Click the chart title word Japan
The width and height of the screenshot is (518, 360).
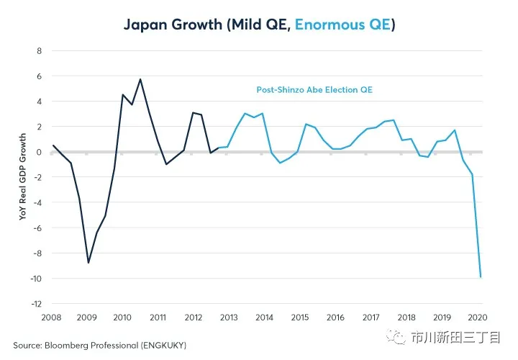[x=147, y=24]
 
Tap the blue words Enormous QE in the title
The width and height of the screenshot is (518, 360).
[x=344, y=24]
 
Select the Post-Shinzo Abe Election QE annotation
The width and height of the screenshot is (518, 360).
[x=314, y=90]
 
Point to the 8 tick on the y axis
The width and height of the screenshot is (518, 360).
[x=40, y=51]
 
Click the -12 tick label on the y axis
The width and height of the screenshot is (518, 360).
[x=37, y=304]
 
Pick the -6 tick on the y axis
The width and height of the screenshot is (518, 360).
[x=38, y=228]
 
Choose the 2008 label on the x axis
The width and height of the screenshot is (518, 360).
[x=52, y=318]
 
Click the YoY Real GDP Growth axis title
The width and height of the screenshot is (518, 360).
[x=23, y=177]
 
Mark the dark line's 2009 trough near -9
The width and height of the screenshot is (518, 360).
[x=88, y=262]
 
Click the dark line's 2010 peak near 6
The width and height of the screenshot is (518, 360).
[x=140, y=79]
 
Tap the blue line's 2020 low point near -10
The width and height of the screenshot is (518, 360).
[x=481, y=276]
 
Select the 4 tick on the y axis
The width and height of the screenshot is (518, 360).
[x=40, y=102]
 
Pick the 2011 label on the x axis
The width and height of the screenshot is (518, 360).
[x=158, y=318]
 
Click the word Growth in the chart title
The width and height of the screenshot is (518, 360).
[x=198, y=24]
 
